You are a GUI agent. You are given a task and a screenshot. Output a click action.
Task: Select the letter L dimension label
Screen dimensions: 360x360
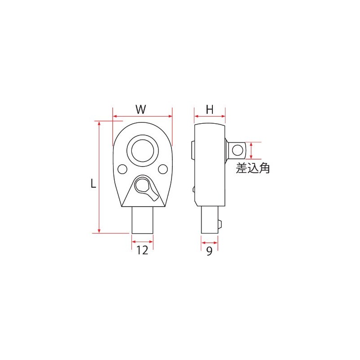pyautogui.click(x=93, y=183)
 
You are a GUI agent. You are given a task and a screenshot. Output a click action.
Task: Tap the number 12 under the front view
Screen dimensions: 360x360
pyautogui.click(x=142, y=251)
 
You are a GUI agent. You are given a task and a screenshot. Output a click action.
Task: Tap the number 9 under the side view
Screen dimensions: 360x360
pyautogui.click(x=209, y=251)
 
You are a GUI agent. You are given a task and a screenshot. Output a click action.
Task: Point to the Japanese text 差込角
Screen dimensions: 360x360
pyautogui.click(x=253, y=169)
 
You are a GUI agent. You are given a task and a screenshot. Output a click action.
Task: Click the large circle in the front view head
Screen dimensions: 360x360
pyautogui.click(x=143, y=150)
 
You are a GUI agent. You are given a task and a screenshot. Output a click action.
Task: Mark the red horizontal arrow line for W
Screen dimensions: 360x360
pyautogui.click(x=142, y=116)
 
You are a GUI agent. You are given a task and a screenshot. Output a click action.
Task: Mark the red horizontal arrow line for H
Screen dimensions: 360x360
pyautogui.click(x=210, y=116)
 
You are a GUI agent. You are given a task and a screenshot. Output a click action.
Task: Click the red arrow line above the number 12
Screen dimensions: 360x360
pyautogui.click(x=142, y=242)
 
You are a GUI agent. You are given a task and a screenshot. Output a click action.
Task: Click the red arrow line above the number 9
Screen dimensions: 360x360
pyautogui.click(x=209, y=242)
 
